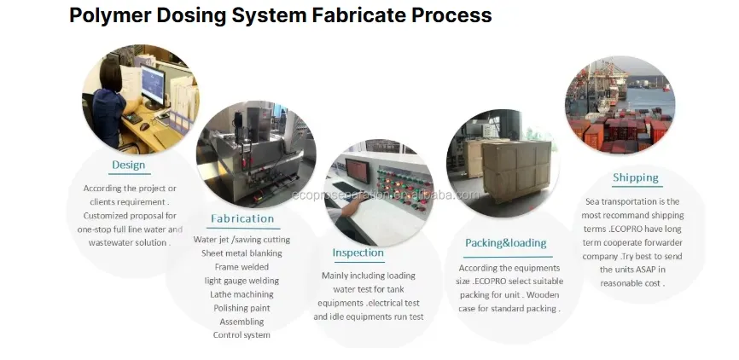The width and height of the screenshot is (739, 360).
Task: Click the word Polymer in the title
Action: coord(110,15)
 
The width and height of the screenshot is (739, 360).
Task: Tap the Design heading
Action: coord(128,165)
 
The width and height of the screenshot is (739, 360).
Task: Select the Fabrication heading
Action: coord(242,218)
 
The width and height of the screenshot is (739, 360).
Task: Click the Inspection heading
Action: coord(358,253)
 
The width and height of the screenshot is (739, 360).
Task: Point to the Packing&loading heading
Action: coord(506,243)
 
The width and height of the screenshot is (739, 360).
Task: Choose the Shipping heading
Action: coord(635,178)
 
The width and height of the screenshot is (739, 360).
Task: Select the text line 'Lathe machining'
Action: coord(241,294)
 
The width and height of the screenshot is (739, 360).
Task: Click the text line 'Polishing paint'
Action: coord(241,308)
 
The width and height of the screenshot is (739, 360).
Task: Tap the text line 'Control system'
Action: coord(241,335)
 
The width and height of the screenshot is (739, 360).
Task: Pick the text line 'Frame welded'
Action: coord(241,267)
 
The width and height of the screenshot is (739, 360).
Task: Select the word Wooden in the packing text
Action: coord(543,295)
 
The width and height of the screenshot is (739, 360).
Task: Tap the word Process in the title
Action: coord(451,15)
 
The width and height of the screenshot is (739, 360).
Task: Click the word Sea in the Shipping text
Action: coord(592,201)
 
